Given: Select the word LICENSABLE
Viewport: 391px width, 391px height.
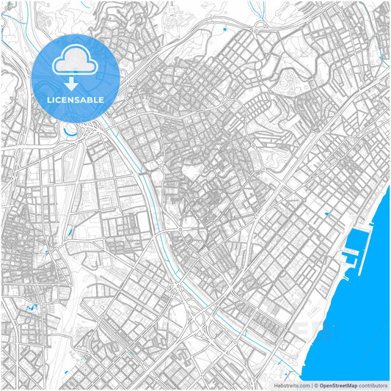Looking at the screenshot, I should [x=76, y=99].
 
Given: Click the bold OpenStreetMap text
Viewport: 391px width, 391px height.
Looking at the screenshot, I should [x=339, y=384].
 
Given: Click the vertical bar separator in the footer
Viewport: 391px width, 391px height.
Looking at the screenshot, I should [x=312, y=384].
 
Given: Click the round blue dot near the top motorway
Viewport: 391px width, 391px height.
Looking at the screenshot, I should [x=224, y=29].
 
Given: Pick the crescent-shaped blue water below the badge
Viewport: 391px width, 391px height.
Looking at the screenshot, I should [x=71, y=131].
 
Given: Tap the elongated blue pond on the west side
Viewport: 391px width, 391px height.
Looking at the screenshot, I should [x=70, y=233].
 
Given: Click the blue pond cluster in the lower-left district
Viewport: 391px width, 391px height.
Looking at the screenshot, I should [x=31, y=308].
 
